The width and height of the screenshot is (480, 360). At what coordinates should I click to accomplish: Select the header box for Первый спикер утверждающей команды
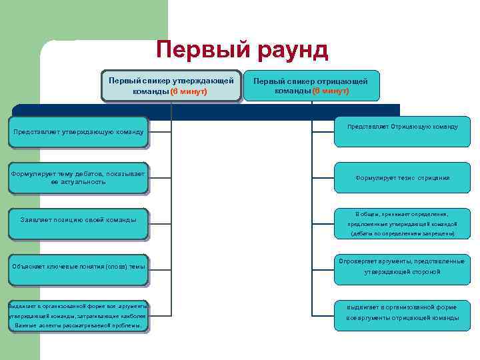coord(171,85)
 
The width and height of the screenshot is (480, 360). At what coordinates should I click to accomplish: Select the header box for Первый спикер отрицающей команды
coord(311,85)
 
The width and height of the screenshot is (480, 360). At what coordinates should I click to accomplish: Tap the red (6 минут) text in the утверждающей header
coord(189,91)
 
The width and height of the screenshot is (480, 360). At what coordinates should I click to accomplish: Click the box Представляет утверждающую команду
coord(79,131)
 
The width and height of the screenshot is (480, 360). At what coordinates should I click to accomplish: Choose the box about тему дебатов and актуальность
coord(79,177)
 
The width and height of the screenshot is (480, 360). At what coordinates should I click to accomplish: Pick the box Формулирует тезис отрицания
coord(401,178)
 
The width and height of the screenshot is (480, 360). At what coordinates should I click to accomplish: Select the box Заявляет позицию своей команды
coord(79,219)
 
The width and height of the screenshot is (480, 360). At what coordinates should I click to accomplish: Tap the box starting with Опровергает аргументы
coord(401,267)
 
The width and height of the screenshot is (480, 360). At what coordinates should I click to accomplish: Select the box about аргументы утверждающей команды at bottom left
coord(79,315)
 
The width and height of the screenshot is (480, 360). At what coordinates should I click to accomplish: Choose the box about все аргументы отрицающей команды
coord(401,313)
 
